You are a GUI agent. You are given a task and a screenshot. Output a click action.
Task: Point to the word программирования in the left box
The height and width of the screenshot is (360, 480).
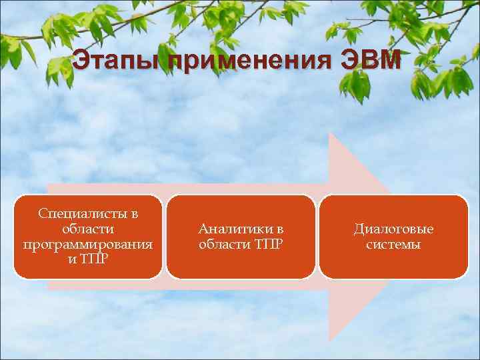[x=87, y=244]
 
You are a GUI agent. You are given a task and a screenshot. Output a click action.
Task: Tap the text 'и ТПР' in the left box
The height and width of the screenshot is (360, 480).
[x=88, y=259]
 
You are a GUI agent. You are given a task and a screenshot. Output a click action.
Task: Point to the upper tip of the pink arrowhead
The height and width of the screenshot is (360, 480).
[x=330, y=133]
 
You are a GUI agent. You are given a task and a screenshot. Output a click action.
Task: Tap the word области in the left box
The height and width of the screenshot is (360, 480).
[x=87, y=229]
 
